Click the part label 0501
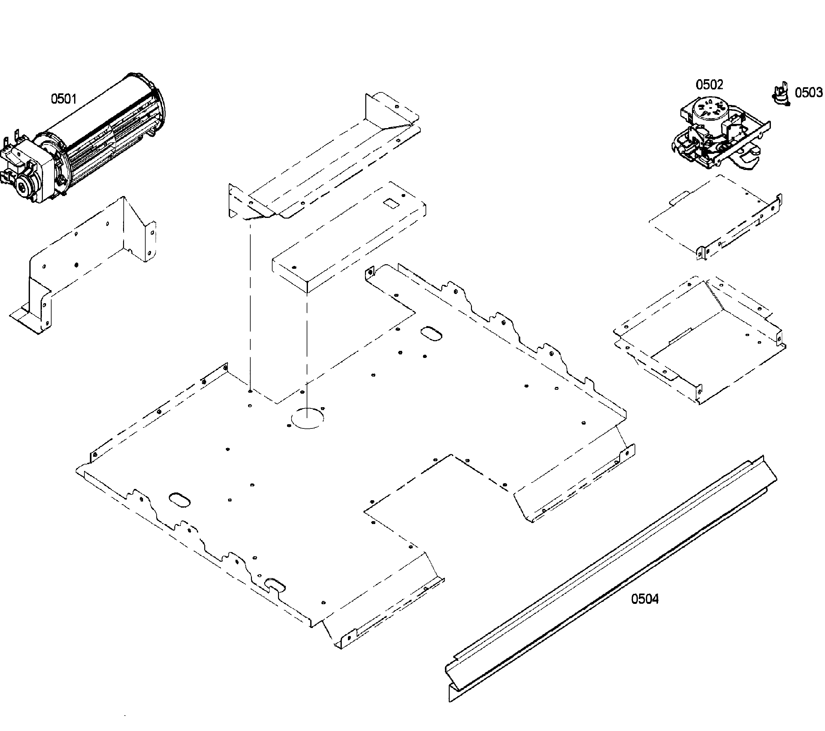pyautogui.click(x=64, y=99)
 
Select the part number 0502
pyautogui.click(x=709, y=85)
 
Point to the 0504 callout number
pyautogui.click(x=645, y=599)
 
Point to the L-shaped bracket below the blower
pyautogui.click(x=81, y=258)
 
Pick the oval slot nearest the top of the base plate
pyautogui.click(x=431, y=334)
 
